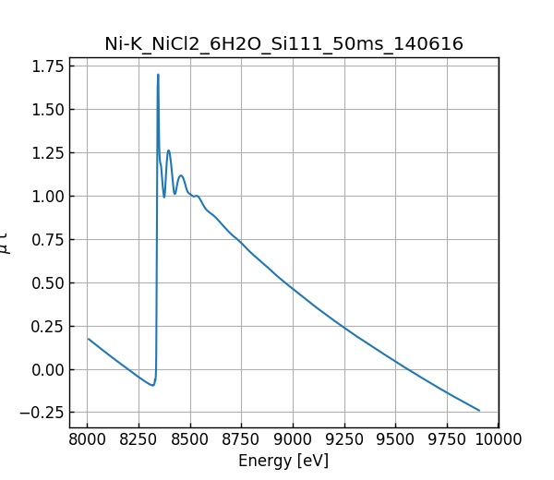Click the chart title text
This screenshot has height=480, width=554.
point(283,43)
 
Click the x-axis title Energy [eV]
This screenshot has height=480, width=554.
point(283,461)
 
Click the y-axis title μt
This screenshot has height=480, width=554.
point(7,242)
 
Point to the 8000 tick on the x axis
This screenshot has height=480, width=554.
point(88,438)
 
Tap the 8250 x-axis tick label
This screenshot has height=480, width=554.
point(138,438)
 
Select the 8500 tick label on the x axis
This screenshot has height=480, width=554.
point(190,438)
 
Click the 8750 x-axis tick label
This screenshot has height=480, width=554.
point(242,438)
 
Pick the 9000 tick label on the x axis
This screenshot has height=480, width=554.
point(293,438)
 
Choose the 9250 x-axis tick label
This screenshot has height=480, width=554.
point(344,438)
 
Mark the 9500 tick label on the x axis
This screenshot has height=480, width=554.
point(395,438)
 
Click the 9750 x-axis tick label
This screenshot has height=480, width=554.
point(447,438)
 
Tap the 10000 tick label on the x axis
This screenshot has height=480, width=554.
point(496,438)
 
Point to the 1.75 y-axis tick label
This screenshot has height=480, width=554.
point(46,66)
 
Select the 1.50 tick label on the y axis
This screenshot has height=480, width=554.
point(46,109)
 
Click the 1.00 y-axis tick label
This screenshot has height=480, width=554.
point(46,196)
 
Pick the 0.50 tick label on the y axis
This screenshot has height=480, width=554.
point(46,282)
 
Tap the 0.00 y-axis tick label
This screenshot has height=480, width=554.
point(46,369)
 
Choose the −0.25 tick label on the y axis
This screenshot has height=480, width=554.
point(42,413)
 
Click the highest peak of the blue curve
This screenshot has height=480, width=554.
point(158,75)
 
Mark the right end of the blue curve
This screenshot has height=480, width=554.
point(479,411)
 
